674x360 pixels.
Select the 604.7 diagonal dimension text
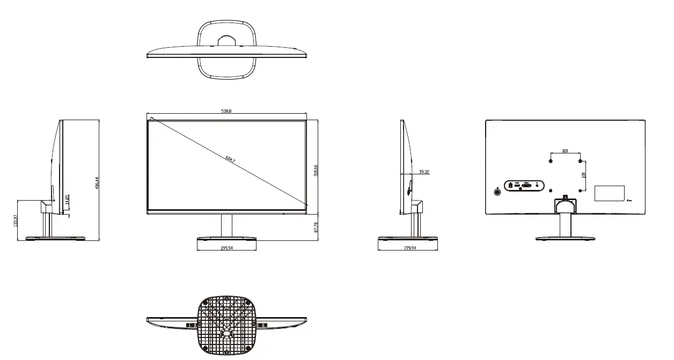[x=230, y=159]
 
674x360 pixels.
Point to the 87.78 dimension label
[x=316, y=227]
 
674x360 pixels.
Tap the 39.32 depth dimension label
[x=423, y=172]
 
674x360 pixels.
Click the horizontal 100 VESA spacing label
[x=565, y=151]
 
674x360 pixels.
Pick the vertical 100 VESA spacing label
[x=584, y=175]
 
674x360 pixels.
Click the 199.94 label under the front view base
[x=227, y=248]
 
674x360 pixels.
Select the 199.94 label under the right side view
[x=409, y=248]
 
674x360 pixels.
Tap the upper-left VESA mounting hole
[x=551, y=159]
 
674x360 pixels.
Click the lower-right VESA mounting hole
[x=581, y=189]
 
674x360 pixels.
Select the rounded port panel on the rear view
[x=524, y=186]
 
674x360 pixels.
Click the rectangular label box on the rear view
[x=610, y=193]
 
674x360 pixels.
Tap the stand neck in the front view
[x=227, y=225]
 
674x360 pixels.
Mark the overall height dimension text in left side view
[x=97, y=182]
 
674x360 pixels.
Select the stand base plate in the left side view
[x=56, y=238]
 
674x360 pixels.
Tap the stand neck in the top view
[x=226, y=41]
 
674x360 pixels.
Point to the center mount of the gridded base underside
[x=226, y=333]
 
